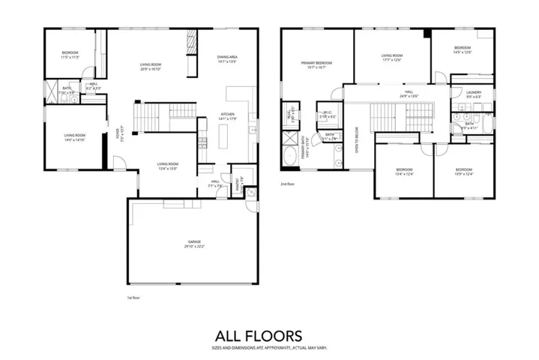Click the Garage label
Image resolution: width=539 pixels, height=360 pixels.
tap(193, 241)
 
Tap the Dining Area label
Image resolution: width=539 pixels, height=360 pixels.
tap(227, 57)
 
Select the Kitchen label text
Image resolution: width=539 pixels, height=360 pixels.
tap(226, 114)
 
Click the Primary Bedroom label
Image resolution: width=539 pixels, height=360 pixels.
tap(316, 63)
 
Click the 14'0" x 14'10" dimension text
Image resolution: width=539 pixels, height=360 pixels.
tap(74, 140)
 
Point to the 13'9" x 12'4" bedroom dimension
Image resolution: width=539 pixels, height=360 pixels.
tap(464, 175)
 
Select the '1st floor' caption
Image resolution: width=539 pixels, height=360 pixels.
tap(134, 298)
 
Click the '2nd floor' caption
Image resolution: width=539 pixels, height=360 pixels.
tap(287, 184)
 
